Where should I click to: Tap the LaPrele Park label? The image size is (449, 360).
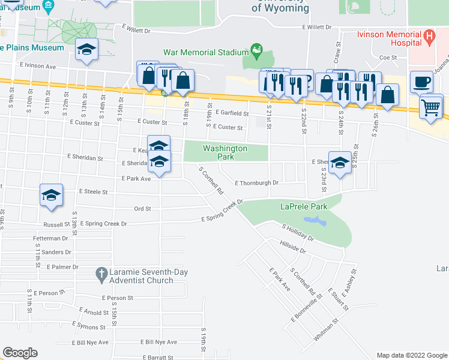[x=303, y=207]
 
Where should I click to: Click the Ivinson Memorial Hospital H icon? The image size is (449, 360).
[x=429, y=37]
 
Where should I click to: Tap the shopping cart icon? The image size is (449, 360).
[x=430, y=107]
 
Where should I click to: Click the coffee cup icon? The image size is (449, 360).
[x=421, y=82]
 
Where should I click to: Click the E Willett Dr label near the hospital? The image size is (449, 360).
[x=317, y=28]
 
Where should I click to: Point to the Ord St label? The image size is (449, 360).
[x=142, y=209]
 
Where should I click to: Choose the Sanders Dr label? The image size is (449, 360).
[x=57, y=253]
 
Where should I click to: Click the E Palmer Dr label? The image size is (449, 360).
[x=62, y=266]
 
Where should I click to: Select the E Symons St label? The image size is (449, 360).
[x=88, y=325]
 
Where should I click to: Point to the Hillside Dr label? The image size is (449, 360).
[x=293, y=246]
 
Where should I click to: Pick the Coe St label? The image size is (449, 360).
[x=388, y=58]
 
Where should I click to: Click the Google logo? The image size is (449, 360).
[x=20, y=353]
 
